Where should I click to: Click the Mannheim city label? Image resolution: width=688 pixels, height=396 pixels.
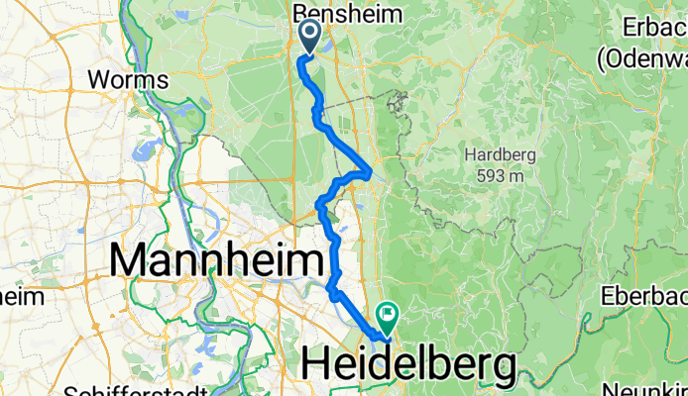(x=217, y=262)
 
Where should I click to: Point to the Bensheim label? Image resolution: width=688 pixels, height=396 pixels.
(x=348, y=14)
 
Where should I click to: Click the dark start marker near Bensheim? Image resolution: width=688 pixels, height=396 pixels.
(x=308, y=37)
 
